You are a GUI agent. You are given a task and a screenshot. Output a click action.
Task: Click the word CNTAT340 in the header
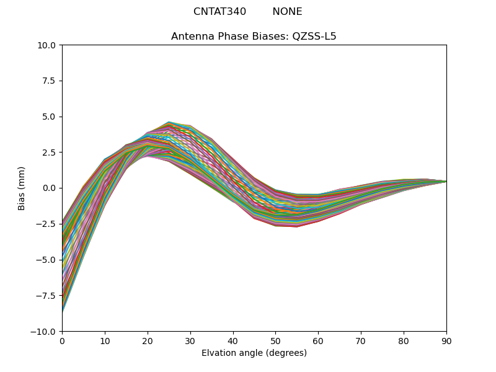click(x=219, y=12)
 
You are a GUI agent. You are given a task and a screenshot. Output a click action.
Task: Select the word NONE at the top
click(x=287, y=12)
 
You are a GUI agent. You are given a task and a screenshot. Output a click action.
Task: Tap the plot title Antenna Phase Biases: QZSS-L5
click(x=254, y=37)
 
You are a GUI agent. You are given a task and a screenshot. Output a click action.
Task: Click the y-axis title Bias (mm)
click(x=22, y=188)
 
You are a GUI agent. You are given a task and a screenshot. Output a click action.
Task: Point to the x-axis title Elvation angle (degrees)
click(x=254, y=353)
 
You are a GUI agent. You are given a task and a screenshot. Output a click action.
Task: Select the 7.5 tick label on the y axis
click(x=49, y=81)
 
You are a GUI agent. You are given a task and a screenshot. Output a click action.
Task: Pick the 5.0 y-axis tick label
click(x=49, y=117)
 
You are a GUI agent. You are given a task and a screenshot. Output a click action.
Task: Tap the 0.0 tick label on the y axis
click(x=49, y=188)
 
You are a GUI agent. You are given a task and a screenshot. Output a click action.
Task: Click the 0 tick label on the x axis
click(x=62, y=340)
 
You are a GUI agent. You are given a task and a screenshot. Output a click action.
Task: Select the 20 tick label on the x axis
click(x=148, y=340)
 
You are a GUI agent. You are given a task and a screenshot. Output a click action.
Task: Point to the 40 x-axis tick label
click(x=233, y=340)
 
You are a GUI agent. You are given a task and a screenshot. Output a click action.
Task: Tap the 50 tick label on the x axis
click(x=275, y=340)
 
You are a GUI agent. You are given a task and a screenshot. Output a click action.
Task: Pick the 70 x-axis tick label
click(x=361, y=340)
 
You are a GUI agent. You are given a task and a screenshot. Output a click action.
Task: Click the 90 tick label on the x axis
click(x=446, y=340)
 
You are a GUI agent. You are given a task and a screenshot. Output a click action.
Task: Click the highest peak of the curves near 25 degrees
click(x=169, y=122)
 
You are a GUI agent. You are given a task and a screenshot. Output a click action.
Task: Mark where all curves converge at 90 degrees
click(x=446, y=181)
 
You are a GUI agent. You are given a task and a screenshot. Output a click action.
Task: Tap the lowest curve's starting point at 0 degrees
click(x=63, y=311)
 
